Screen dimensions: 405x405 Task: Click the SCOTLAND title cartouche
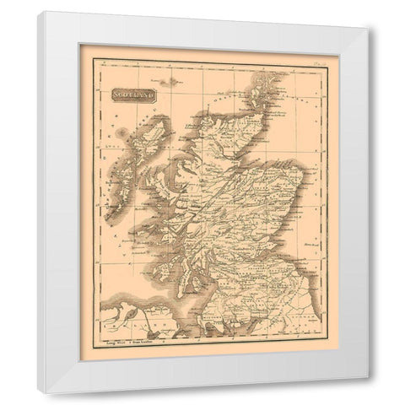(x=127, y=95)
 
